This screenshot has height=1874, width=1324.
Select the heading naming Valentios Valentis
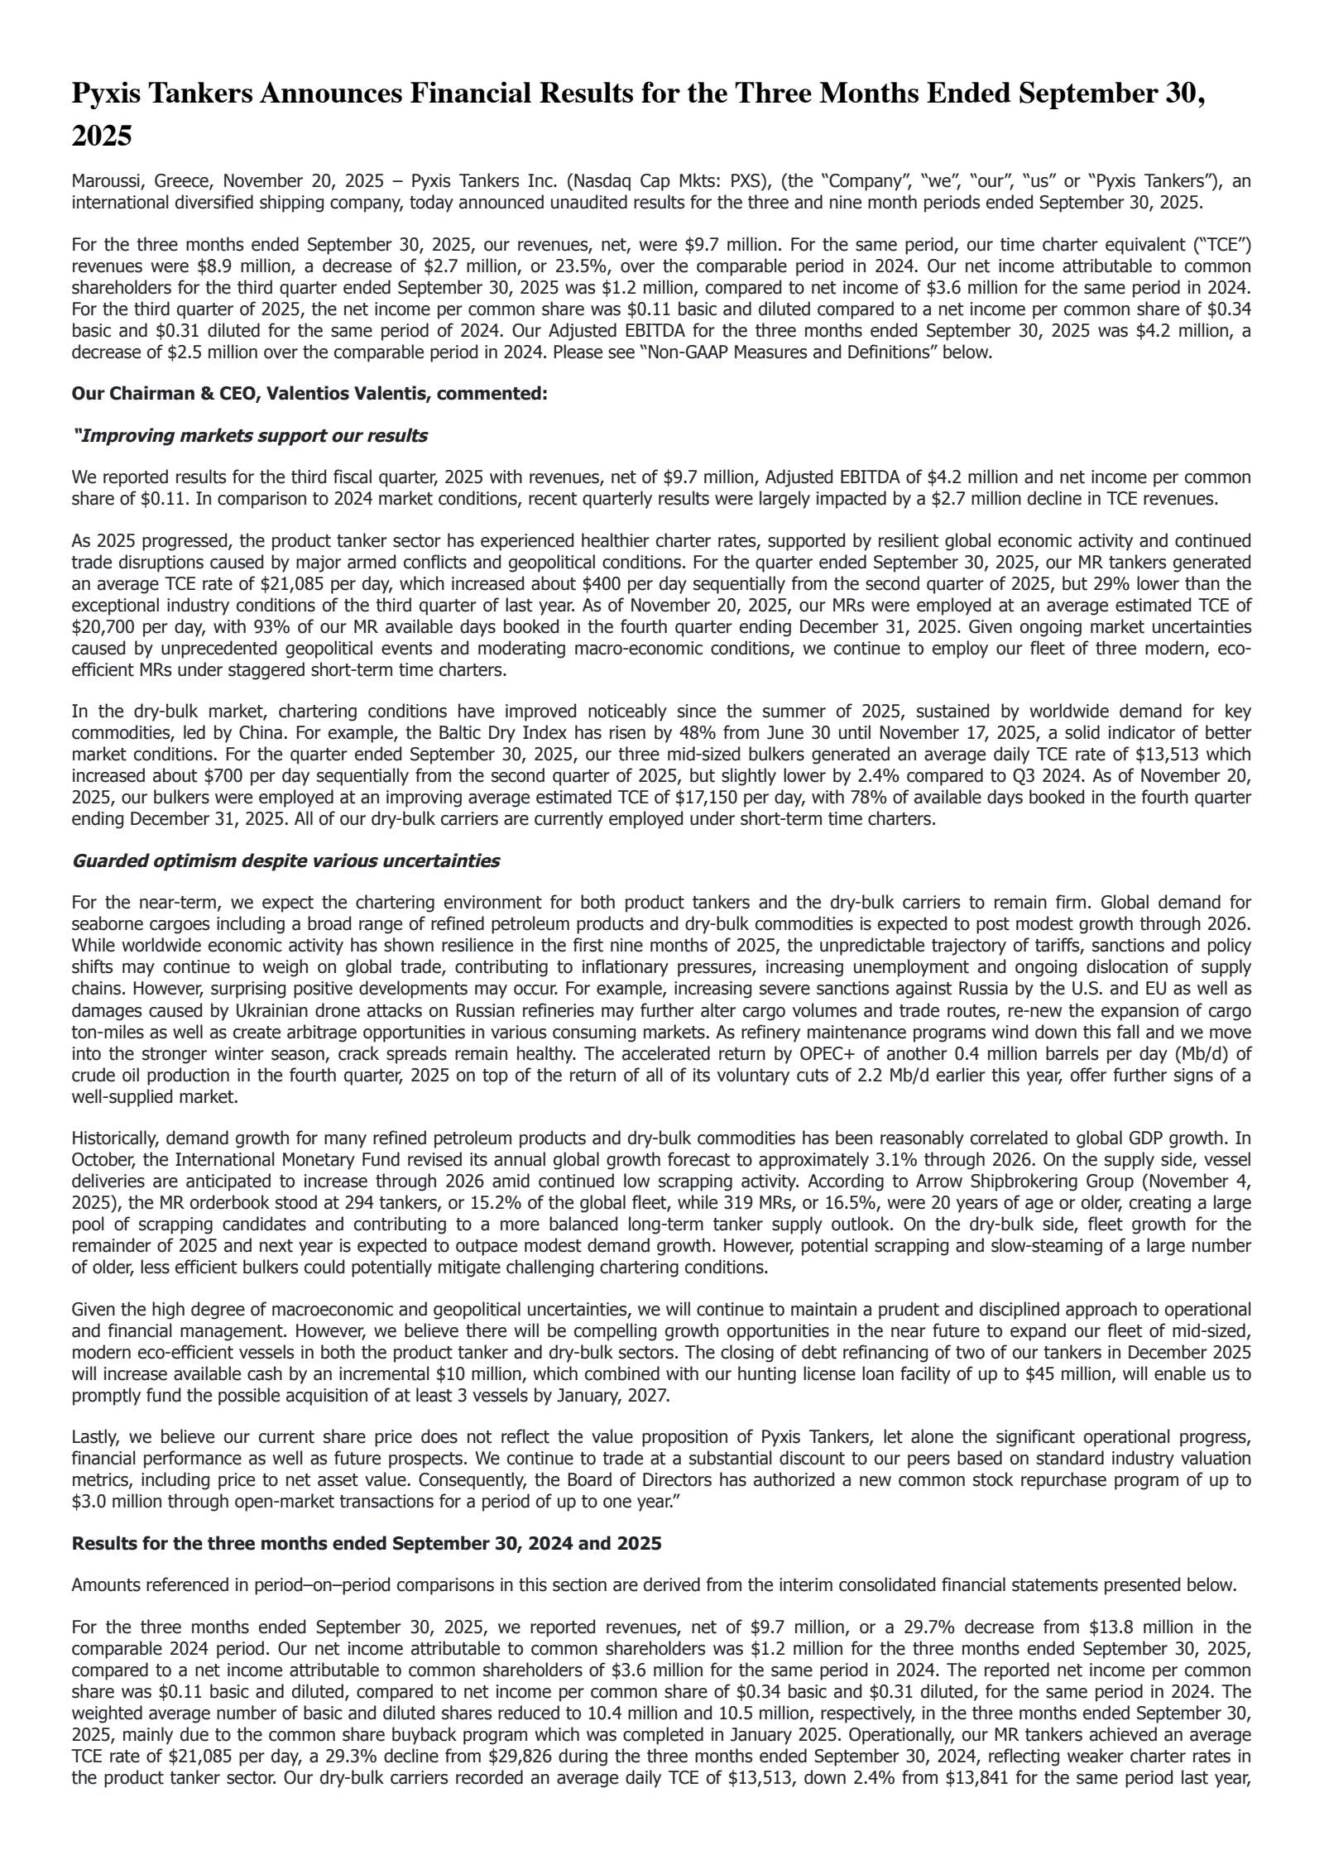click(309, 394)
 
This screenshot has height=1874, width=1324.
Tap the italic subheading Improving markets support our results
click(251, 436)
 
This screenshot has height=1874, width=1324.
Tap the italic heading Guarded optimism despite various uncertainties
click(285, 861)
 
